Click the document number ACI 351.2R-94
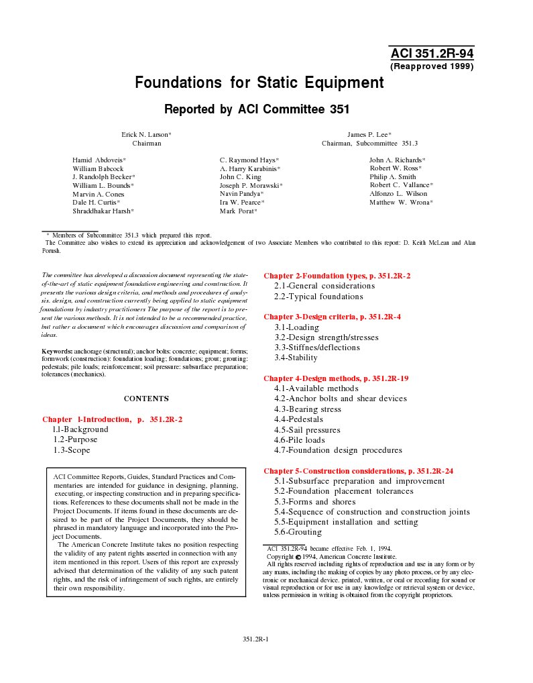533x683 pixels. point(432,54)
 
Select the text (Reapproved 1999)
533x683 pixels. point(432,66)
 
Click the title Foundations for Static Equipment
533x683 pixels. point(259,83)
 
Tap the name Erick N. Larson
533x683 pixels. point(145,134)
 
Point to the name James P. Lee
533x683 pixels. point(369,134)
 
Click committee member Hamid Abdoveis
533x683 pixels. point(99,160)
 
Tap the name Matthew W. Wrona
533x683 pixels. point(400,202)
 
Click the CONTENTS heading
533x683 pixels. point(146,399)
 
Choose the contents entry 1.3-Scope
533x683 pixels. point(72,450)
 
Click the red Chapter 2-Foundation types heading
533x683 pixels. point(337,276)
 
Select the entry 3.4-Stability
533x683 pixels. point(296,358)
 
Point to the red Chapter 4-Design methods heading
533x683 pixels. point(336,378)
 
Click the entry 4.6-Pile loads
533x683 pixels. point(299,440)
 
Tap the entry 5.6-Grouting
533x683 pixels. point(298,532)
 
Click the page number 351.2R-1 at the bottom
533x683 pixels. point(255,639)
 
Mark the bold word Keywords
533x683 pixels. point(57,351)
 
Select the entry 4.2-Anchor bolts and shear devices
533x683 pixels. point(340,399)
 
